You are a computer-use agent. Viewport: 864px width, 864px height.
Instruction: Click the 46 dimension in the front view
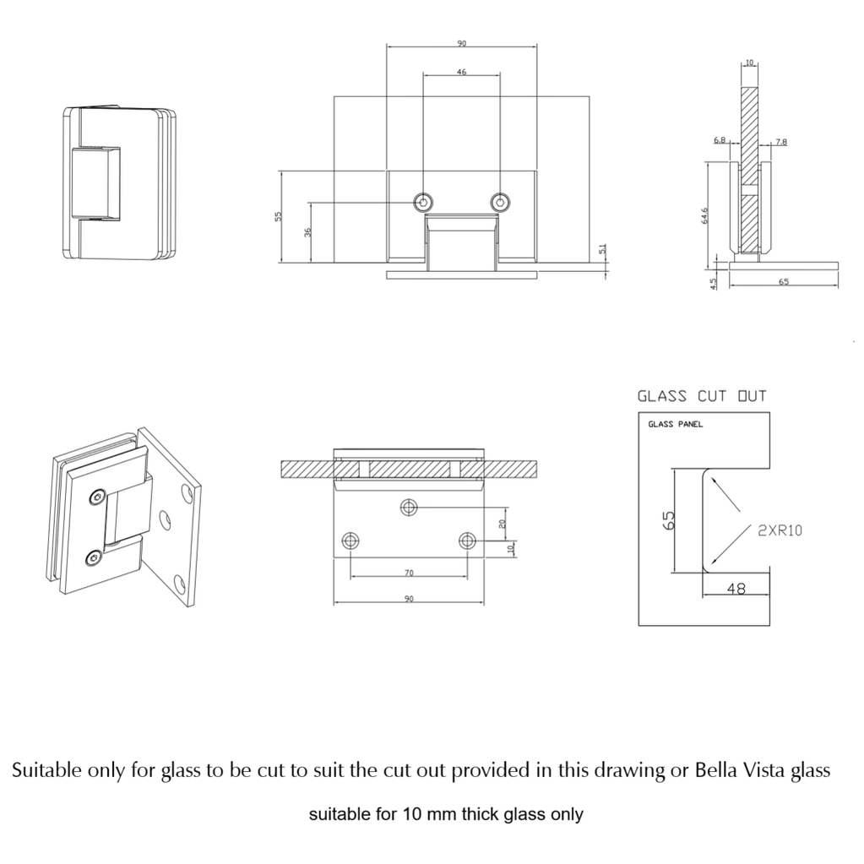tap(462, 73)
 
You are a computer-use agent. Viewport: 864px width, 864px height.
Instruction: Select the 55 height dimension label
tap(279, 217)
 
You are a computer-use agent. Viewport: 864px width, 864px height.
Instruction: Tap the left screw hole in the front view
tap(423, 202)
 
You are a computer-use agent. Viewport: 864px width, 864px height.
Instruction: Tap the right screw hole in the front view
tap(500, 202)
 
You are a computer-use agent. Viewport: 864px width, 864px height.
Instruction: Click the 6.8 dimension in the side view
tap(719, 141)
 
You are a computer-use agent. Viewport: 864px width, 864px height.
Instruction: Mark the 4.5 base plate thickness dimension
tap(714, 283)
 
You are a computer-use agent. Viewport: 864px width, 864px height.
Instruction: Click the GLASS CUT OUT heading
tap(702, 395)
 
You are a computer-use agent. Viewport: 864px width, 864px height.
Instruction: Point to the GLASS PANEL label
tap(675, 424)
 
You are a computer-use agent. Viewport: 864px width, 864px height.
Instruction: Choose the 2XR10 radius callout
tap(779, 530)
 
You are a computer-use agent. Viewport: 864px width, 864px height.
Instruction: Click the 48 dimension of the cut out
tap(736, 590)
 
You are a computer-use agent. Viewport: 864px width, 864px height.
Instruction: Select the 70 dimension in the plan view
tap(409, 573)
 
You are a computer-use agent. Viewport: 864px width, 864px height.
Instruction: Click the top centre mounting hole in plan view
tap(410, 507)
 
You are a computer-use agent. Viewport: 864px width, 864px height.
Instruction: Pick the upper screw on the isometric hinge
tap(98, 499)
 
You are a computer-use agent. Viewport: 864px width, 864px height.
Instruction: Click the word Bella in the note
tap(716, 770)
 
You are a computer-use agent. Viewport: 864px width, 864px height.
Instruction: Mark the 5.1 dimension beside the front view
tap(602, 251)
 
